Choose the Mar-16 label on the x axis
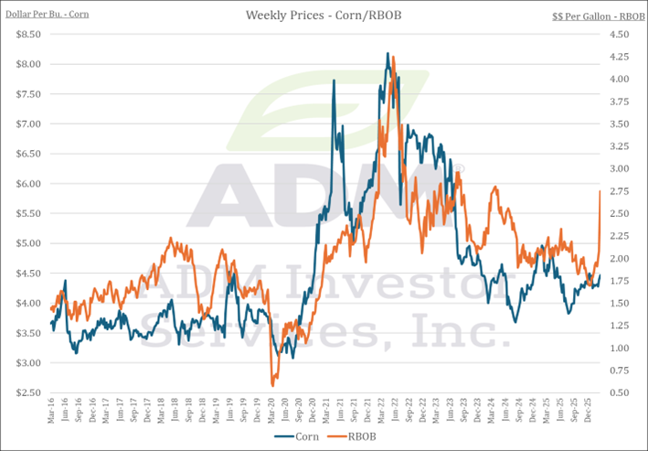coord(52,413)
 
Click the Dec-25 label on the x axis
coord(585,413)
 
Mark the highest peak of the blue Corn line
coord(388,54)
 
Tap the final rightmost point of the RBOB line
coord(600,191)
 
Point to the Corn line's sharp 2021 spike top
coord(334,81)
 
